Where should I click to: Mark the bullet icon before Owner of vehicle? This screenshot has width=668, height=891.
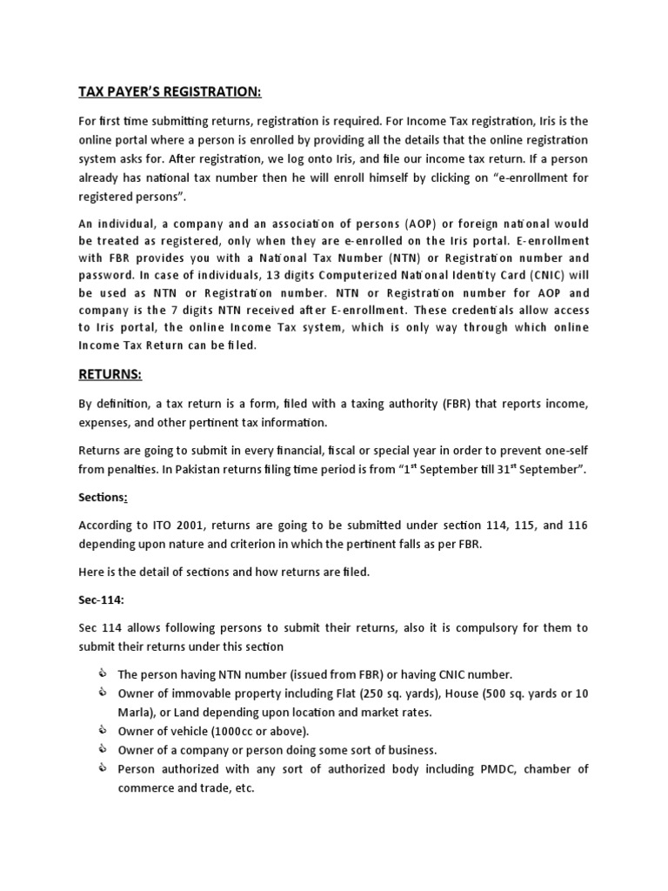(104, 730)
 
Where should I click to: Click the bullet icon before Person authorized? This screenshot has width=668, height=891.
(104, 768)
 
